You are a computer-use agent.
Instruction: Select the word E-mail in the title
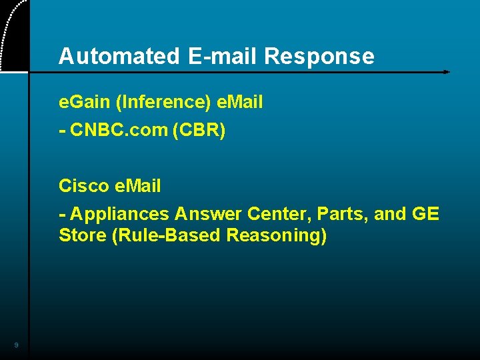pyautogui.click(x=221, y=57)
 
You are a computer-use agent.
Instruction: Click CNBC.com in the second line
pyautogui.click(x=118, y=131)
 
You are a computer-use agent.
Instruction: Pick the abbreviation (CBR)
pyautogui.click(x=199, y=131)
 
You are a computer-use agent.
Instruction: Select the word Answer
pyautogui.click(x=209, y=214)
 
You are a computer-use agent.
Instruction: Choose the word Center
pyautogui.click(x=278, y=214)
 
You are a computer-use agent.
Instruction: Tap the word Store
pyautogui.click(x=81, y=236)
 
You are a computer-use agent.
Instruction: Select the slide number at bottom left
pyautogui.click(x=15, y=345)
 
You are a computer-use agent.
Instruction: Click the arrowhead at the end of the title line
pyautogui.click(x=447, y=71)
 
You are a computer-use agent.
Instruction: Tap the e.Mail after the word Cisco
pyautogui.click(x=137, y=186)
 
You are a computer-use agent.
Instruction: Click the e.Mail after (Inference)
pyautogui.click(x=240, y=103)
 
